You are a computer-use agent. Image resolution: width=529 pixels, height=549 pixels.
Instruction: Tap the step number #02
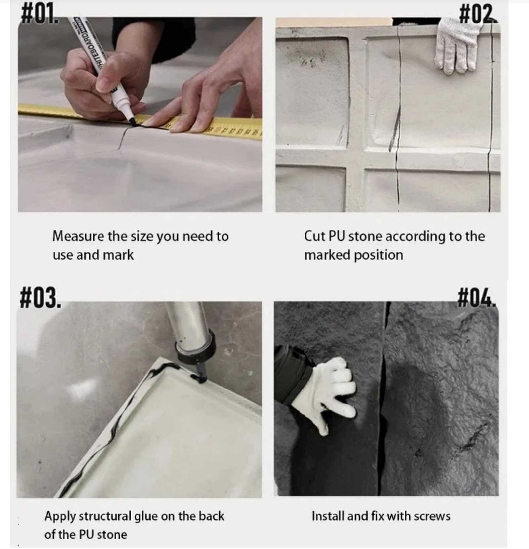click(x=478, y=14)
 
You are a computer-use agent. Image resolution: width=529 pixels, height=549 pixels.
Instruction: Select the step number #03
click(x=41, y=298)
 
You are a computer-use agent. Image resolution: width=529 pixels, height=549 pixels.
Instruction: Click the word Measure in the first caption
click(x=78, y=236)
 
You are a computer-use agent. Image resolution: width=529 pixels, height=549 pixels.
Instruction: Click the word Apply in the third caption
click(x=60, y=517)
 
